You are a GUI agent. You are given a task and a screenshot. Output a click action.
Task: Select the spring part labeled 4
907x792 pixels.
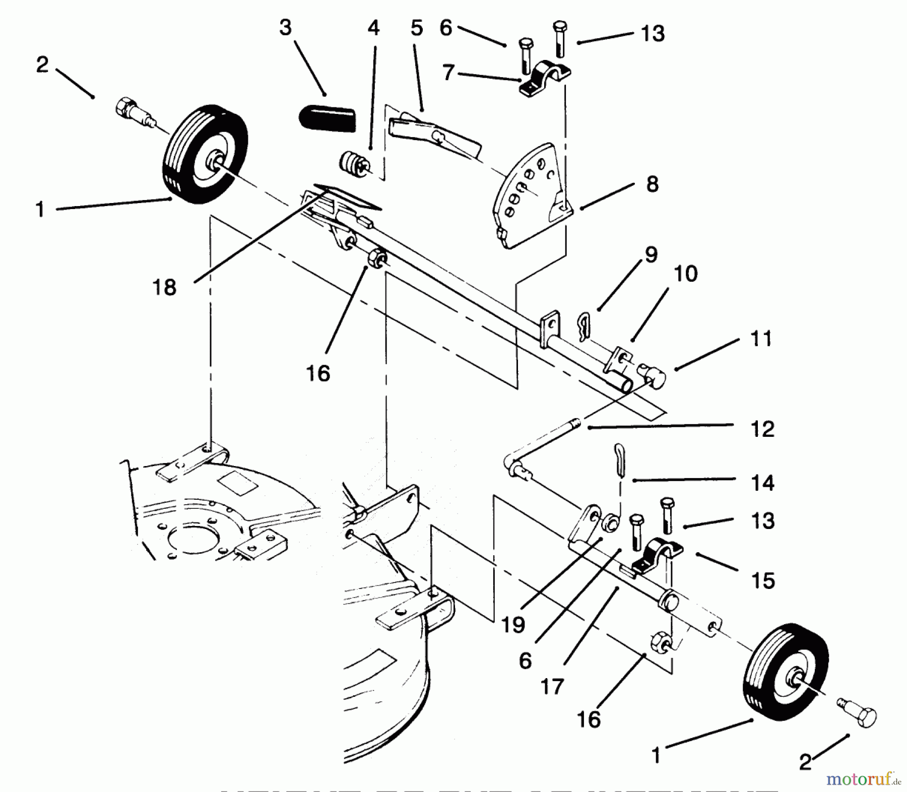354,165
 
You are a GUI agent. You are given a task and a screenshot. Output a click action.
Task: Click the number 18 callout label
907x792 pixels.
164,288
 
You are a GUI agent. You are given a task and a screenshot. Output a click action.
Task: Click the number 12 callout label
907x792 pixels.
762,429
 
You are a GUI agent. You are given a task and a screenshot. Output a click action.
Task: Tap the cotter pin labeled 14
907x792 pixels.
620,459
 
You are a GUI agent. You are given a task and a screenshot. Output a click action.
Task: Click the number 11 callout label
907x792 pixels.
761,339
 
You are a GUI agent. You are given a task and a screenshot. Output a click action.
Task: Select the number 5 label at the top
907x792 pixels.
416,29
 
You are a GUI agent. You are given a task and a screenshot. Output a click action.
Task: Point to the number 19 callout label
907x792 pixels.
513,625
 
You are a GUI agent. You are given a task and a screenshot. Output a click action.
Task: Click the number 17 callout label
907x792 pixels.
552,686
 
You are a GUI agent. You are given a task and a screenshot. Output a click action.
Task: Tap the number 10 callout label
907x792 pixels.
685,274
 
